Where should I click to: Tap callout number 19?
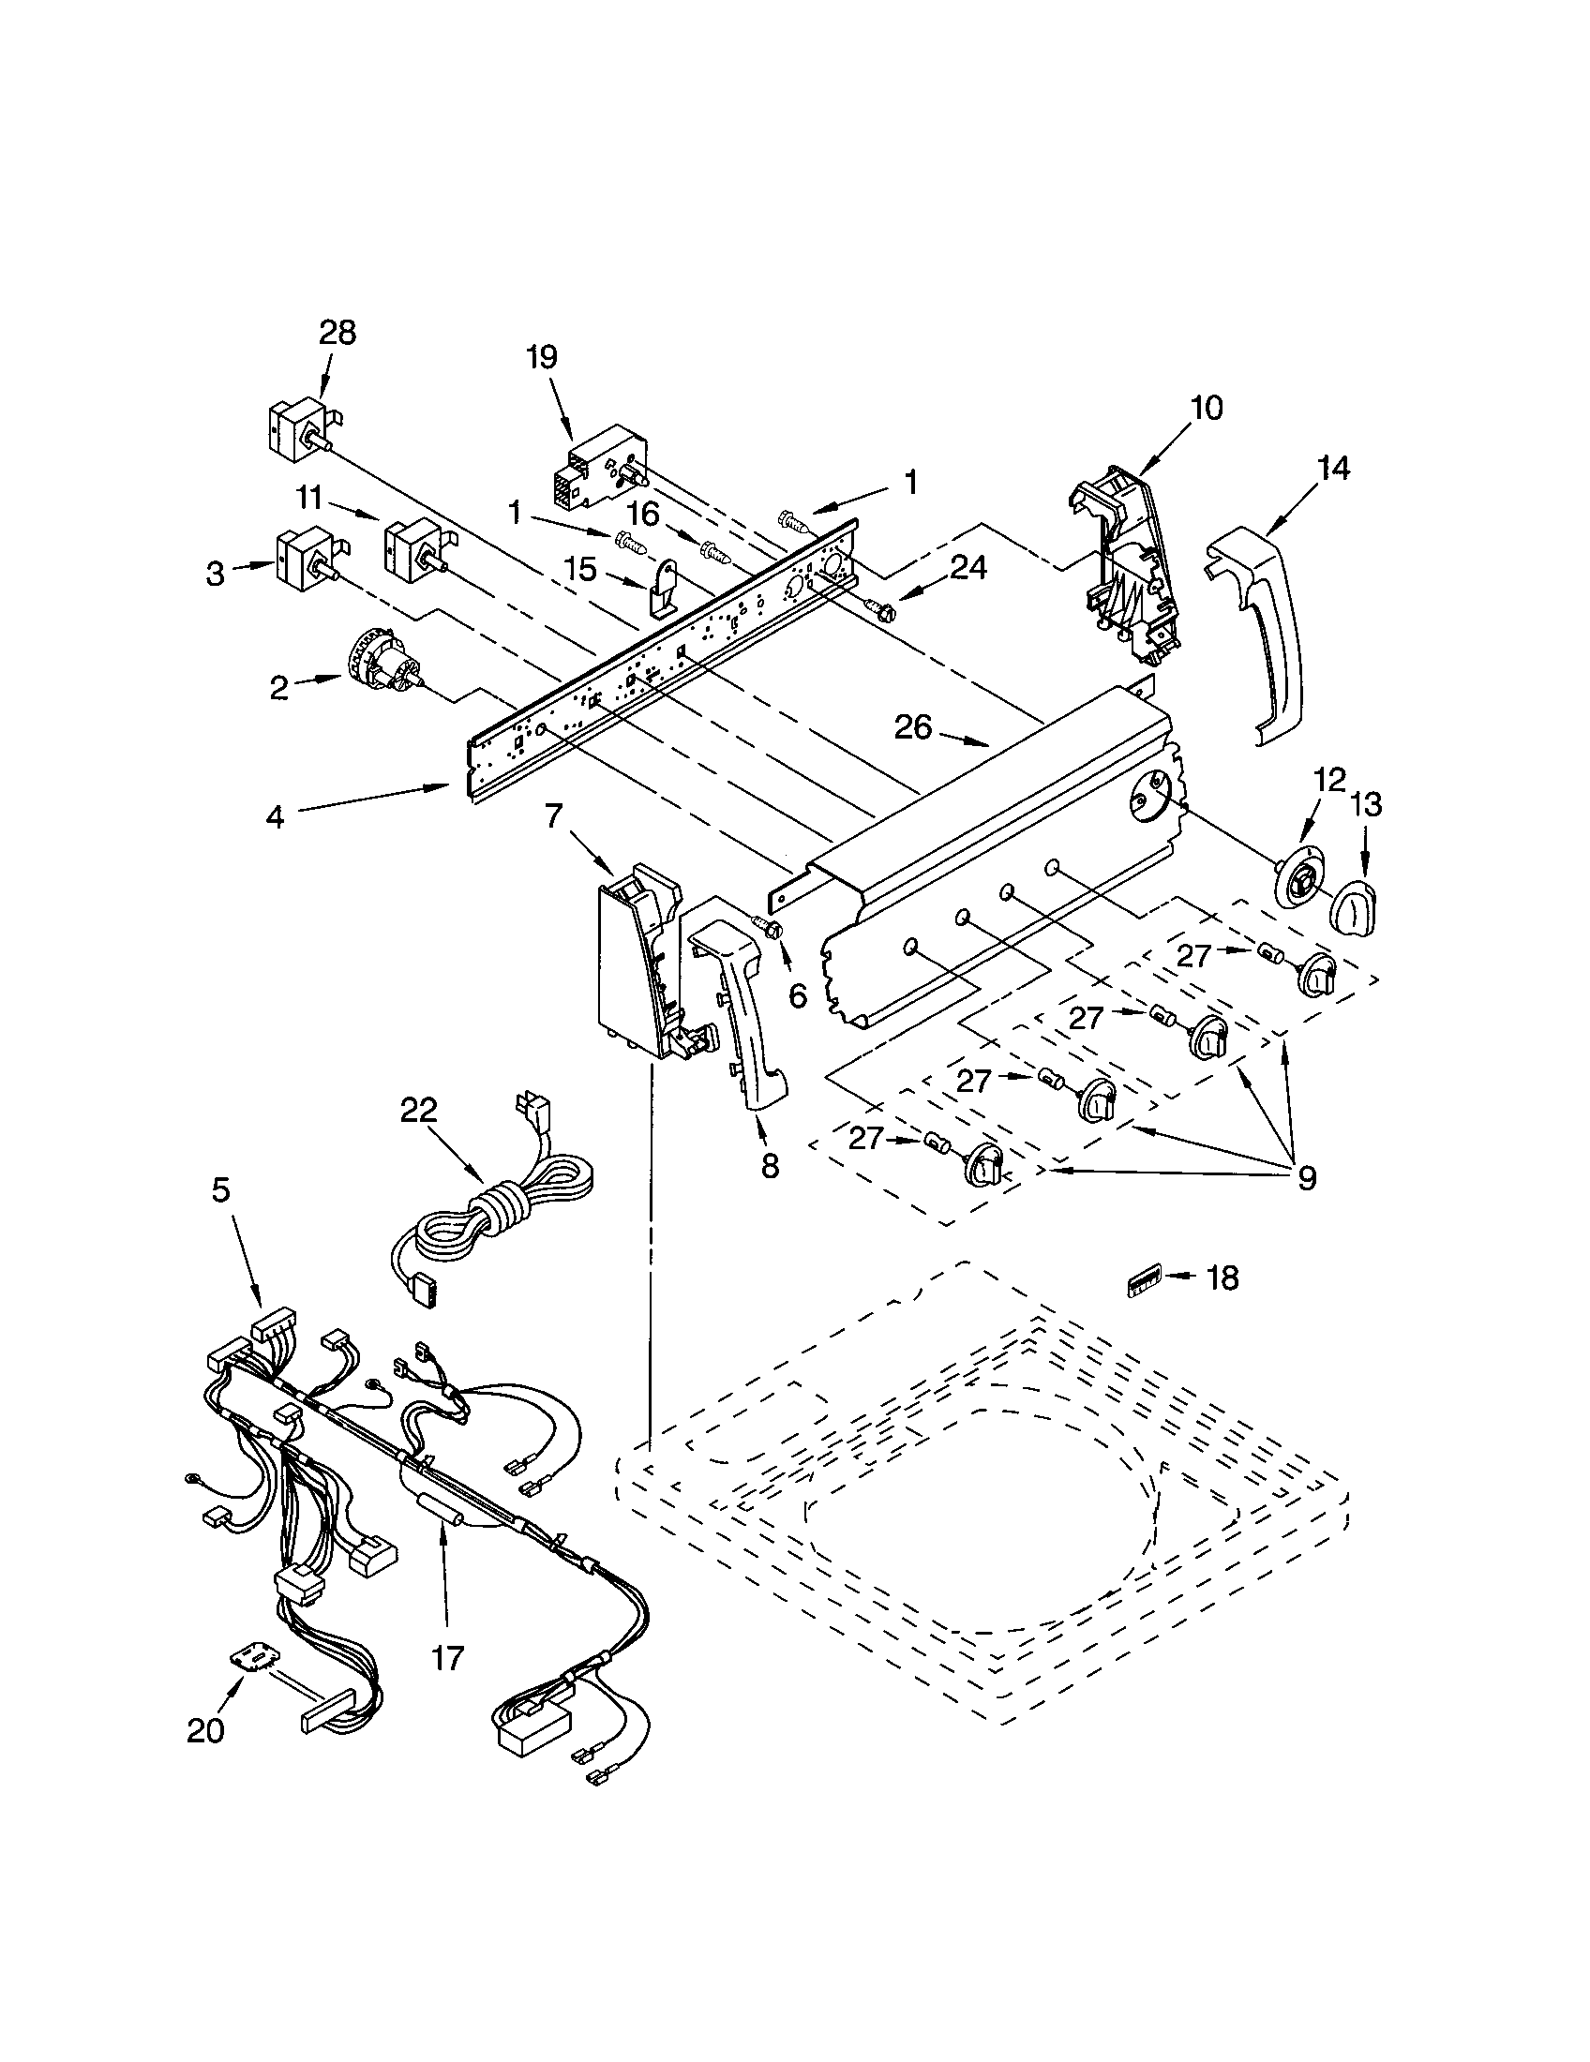(541, 357)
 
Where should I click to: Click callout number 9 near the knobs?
(1306, 1177)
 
